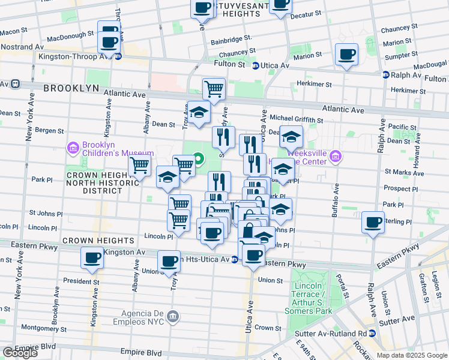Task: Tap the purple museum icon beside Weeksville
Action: click(x=336, y=157)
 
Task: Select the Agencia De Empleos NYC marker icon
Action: click(x=173, y=316)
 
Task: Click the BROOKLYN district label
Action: click(x=71, y=88)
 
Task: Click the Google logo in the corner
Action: click(x=20, y=353)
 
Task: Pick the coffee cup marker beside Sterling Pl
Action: click(x=373, y=223)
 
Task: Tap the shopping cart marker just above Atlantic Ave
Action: click(x=214, y=89)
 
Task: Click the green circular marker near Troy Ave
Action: click(x=198, y=159)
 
